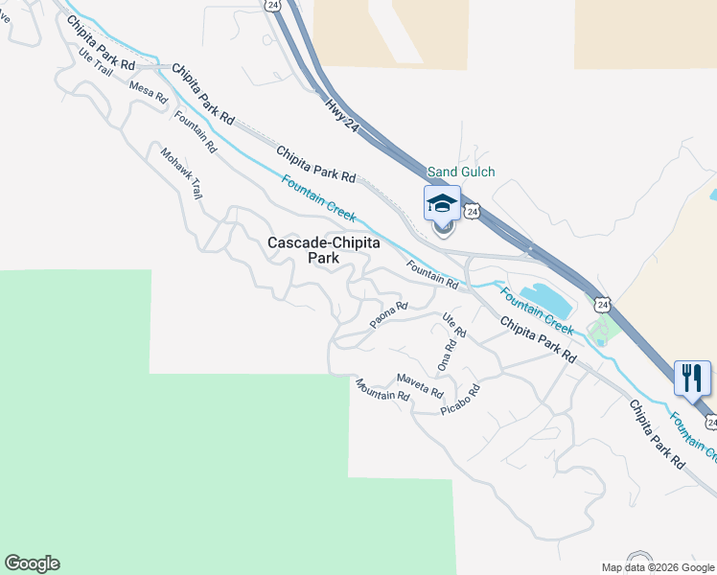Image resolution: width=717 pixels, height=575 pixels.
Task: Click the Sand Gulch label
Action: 461,172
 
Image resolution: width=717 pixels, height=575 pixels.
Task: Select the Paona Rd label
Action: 389,312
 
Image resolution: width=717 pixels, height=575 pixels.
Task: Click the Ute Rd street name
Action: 453,324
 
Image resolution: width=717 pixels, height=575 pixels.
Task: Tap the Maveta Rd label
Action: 420,385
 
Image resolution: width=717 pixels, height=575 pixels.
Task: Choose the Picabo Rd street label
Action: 459,400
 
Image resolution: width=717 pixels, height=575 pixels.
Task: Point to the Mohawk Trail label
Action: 181,172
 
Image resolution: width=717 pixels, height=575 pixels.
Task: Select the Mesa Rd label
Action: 149,91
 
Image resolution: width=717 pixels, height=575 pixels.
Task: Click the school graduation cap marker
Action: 442,203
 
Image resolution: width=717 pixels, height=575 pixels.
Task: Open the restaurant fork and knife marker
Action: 691,377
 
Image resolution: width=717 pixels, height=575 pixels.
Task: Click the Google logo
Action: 32,563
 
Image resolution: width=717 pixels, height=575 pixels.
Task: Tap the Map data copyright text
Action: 658,567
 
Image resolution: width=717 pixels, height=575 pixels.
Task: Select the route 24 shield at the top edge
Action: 273,6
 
